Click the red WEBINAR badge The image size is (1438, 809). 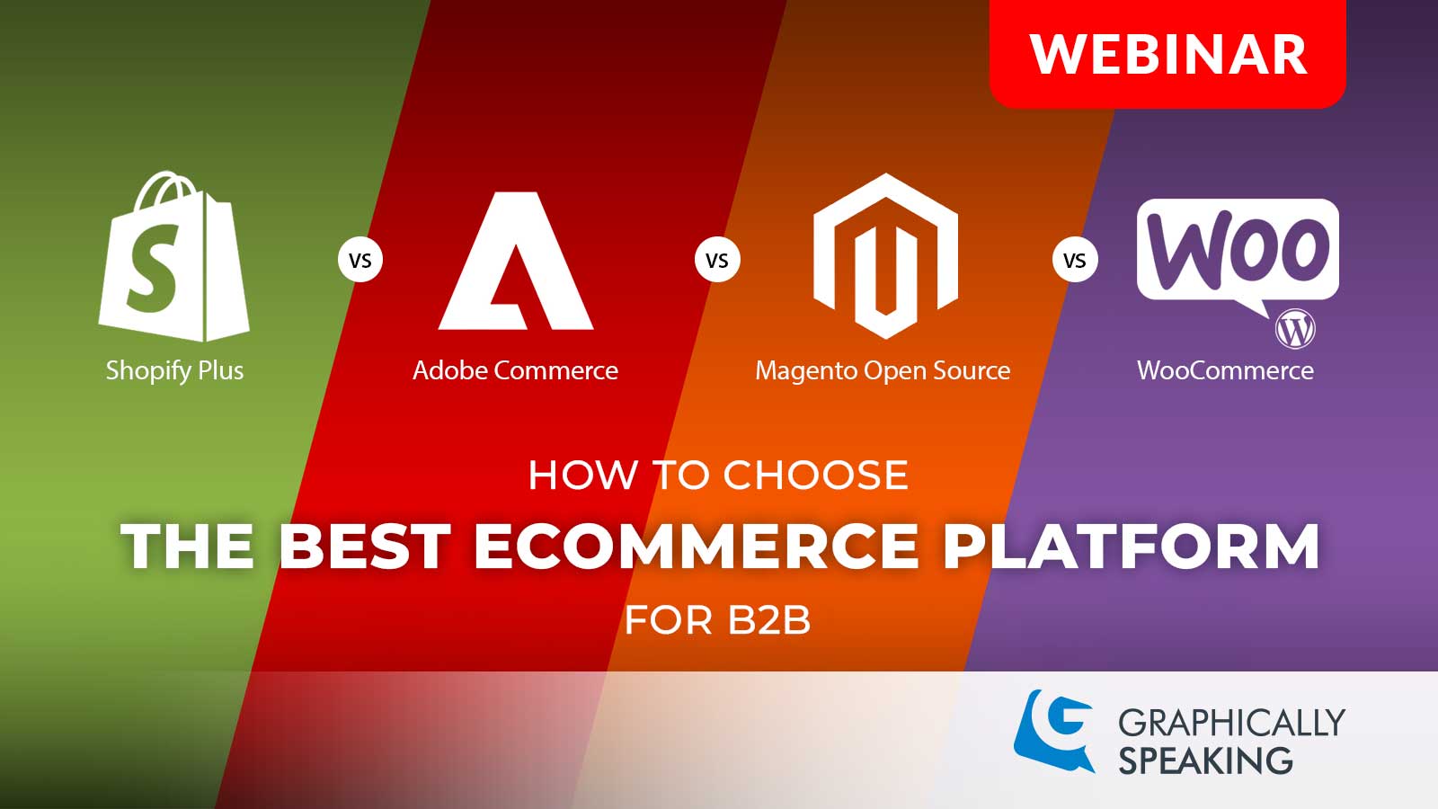pos(1167,54)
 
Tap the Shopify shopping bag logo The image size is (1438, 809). pos(173,261)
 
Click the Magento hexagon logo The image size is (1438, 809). pos(885,256)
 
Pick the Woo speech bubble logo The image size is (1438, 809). pos(1237,250)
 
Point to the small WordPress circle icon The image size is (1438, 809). pos(1295,329)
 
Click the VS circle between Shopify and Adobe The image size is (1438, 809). pos(359,261)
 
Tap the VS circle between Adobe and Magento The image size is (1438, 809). pos(717,261)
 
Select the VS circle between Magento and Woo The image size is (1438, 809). pos(1075,261)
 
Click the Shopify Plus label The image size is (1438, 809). pos(174,370)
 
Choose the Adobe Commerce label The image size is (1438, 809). pos(515,370)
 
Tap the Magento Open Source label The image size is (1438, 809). pos(883,370)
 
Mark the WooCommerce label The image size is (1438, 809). pos(1225,370)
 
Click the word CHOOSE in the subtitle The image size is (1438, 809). pos(815,476)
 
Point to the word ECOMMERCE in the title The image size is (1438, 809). pos(697,547)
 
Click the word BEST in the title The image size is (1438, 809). pos(364,547)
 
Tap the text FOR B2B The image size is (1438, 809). pos(717,620)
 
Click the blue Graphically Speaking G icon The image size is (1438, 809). pos(1054,730)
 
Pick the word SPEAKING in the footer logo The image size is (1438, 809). pos(1205,761)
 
